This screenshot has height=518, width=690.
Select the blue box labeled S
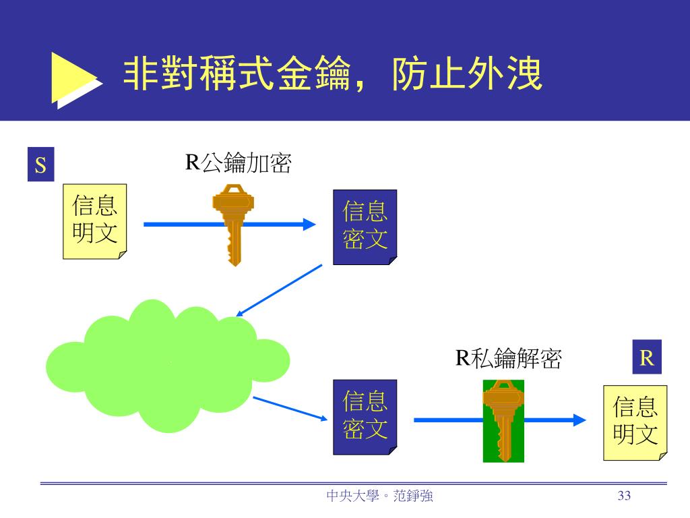40,165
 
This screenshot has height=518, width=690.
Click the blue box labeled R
647,357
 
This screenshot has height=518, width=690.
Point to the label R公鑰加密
239,163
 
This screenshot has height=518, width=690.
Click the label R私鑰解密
509,358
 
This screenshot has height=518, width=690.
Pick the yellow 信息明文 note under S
94,221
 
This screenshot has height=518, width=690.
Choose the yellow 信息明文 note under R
635,422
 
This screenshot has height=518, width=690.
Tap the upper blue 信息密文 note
365,227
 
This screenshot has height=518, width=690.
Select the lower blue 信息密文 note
365,417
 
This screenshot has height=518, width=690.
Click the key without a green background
233,223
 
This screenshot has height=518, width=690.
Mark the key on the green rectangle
503,420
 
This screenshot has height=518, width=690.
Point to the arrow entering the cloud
279,290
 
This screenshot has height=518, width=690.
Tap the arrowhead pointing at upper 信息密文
309,225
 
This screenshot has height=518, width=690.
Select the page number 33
624,496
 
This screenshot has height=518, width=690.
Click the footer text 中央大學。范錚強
379,496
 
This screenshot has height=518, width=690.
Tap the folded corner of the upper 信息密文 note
393,260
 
